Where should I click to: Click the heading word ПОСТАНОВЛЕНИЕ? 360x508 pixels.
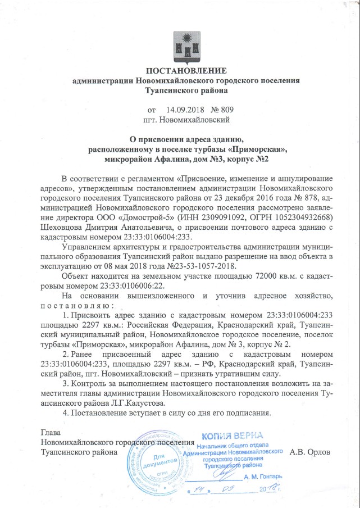[186, 71]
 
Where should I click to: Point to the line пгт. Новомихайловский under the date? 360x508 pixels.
[186, 119]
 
